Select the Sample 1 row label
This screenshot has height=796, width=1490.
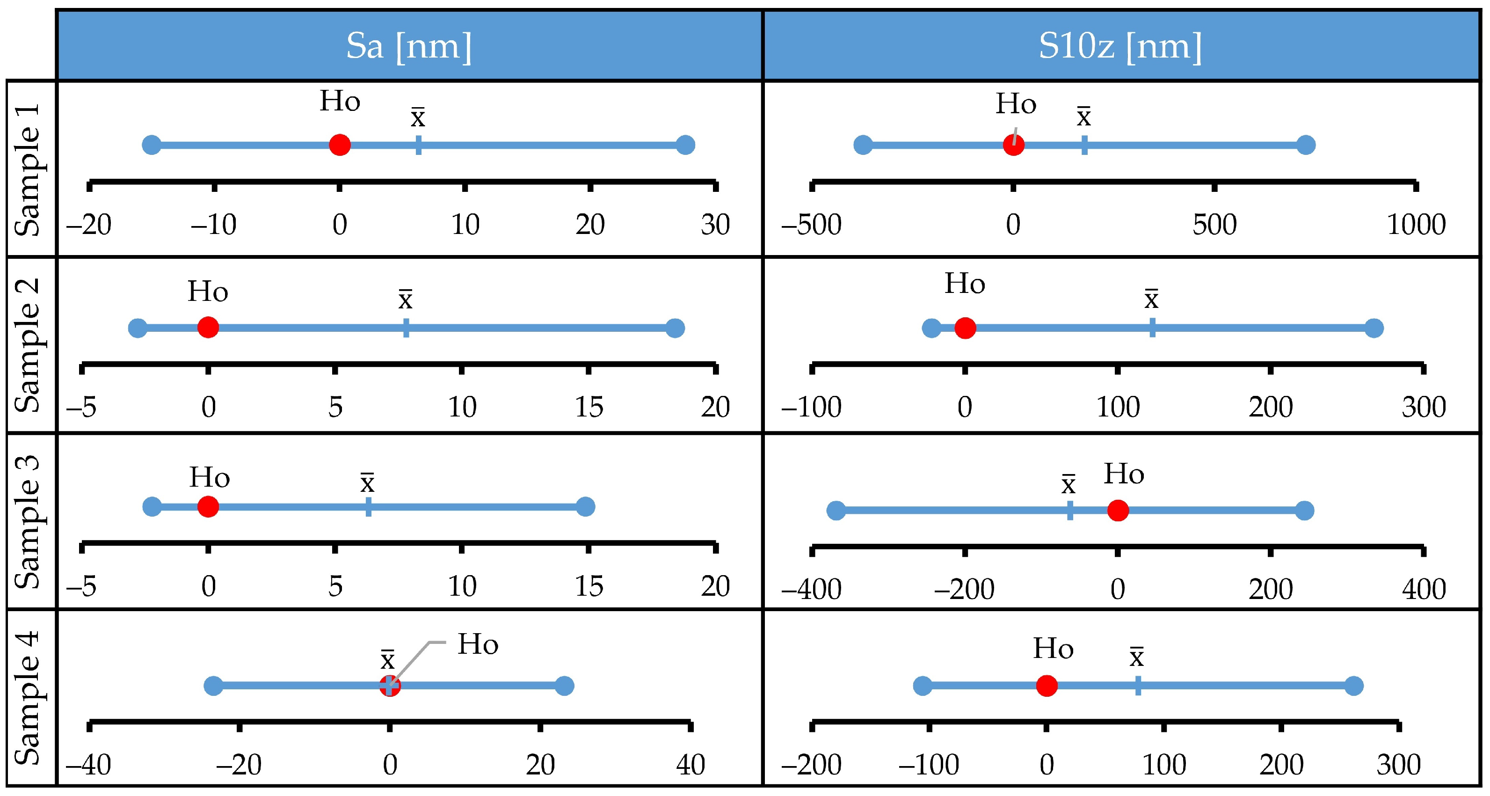pyautogui.click(x=27, y=169)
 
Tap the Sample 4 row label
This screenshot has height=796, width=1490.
pyautogui.click(x=27, y=698)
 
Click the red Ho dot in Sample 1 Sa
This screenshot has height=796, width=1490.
pyautogui.click(x=340, y=145)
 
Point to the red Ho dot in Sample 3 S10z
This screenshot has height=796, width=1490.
pyautogui.click(x=1118, y=510)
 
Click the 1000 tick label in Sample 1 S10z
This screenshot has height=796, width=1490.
pyautogui.click(x=1416, y=225)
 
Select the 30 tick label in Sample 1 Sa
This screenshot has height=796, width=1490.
pyautogui.click(x=715, y=225)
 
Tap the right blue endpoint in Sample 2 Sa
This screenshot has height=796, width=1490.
pyautogui.click(x=675, y=328)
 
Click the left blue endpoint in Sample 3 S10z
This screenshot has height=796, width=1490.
pyautogui.click(x=836, y=510)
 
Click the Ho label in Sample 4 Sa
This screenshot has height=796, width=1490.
pyautogui.click(x=478, y=644)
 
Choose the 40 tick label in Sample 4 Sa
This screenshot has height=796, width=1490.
pyautogui.click(x=690, y=765)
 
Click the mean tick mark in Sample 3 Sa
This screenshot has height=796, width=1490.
pyautogui.click(x=369, y=507)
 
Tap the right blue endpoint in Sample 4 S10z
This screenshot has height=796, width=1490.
pyautogui.click(x=1354, y=686)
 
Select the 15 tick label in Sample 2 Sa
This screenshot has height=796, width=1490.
pyautogui.click(x=588, y=407)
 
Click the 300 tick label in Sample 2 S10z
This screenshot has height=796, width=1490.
pyautogui.click(x=1424, y=407)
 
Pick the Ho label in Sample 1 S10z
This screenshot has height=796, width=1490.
pyautogui.click(x=1016, y=104)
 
